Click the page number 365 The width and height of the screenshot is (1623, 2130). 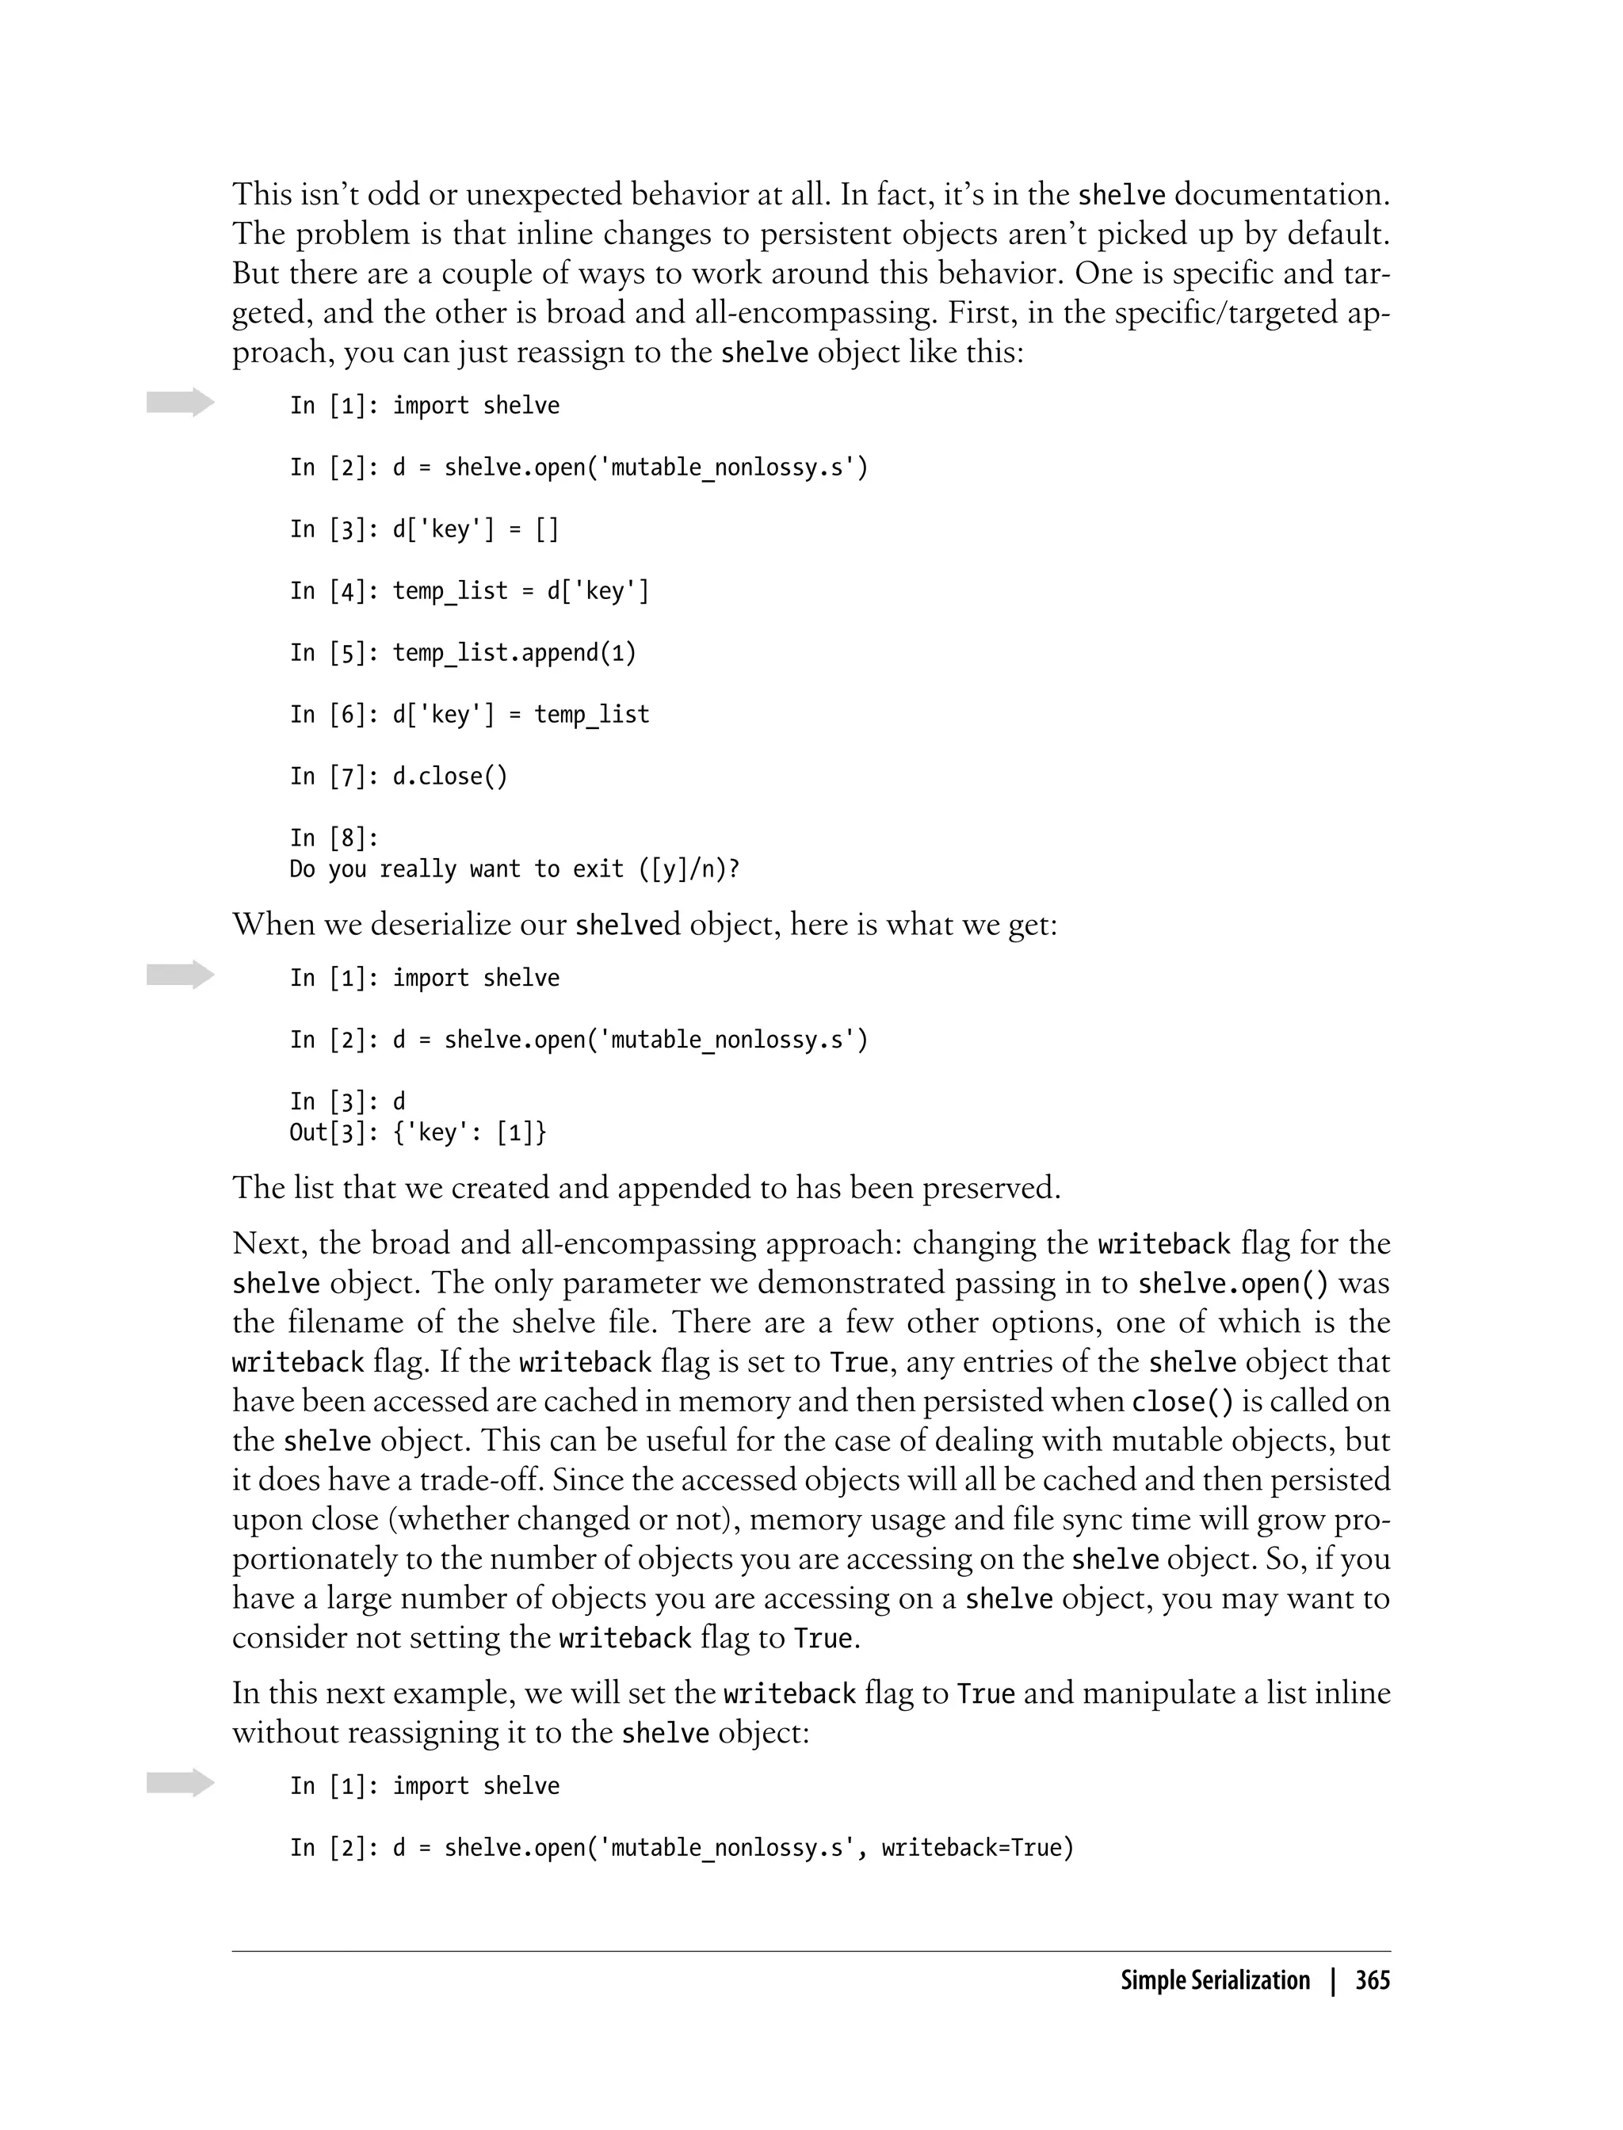point(1372,1980)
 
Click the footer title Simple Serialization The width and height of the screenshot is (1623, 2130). point(1214,1980)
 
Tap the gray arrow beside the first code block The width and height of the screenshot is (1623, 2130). point(181,403)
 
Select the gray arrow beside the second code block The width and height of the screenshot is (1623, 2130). point(181,975)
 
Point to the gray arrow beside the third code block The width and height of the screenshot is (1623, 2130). point(181,1782)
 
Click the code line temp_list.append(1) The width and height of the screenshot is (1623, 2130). point(514,653)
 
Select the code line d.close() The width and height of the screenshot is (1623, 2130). point(449,777)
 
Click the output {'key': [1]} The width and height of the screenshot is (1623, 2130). point(469,1132)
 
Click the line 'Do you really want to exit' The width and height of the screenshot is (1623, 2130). point(514,869)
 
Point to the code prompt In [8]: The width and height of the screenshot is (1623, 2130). point(334,838)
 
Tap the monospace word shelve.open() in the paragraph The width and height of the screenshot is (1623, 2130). point(1233,1284)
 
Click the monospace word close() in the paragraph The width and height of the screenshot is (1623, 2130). point(1183,1402)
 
